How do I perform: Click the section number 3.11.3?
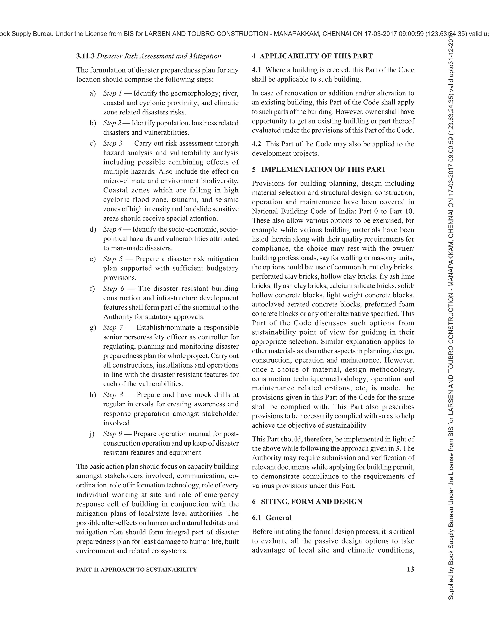85,56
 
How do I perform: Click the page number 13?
410,569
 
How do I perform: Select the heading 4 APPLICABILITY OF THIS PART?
312,56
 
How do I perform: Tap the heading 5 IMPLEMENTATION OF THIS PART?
319,170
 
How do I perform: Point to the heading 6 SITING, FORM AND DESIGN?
307,502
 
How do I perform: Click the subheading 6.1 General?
271,518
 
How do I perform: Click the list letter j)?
92,434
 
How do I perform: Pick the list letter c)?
92,144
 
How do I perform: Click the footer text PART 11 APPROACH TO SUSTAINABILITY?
136,570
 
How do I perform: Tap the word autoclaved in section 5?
266,304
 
